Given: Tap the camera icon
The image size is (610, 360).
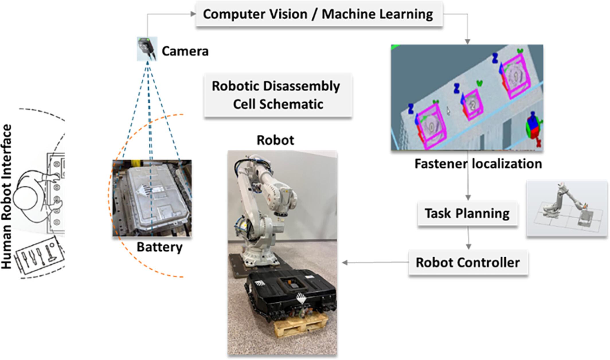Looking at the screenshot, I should click(147, 48).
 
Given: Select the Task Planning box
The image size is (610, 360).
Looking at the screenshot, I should click(467, 214).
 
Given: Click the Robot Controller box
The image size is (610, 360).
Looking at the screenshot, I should click(468, 263).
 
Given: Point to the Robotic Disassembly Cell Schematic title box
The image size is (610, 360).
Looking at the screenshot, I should click(277, 95).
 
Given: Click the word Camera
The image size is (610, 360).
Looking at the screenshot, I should click(185, 51).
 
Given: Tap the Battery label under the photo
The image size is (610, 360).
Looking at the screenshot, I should click(159, 247).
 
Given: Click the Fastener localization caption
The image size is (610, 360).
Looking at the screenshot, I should click(478, 164).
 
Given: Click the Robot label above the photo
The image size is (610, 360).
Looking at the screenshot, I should click(275, 140).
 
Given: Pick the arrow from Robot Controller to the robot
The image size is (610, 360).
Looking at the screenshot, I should click(376, 262).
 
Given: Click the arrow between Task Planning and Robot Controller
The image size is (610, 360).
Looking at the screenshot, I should click(468, 238).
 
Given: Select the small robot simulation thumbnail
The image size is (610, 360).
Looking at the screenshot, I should click(566, 209).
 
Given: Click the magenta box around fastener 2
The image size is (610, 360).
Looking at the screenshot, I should click(472, 104).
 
